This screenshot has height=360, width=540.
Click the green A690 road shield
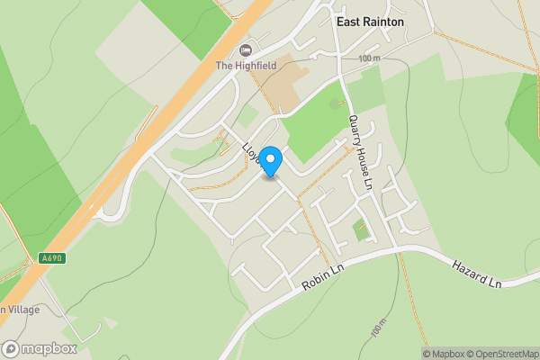point(53,258)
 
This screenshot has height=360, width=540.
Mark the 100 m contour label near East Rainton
point(369,58)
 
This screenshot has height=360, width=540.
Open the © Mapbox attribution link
point(443,354)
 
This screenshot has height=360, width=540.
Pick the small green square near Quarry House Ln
point(361,229)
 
